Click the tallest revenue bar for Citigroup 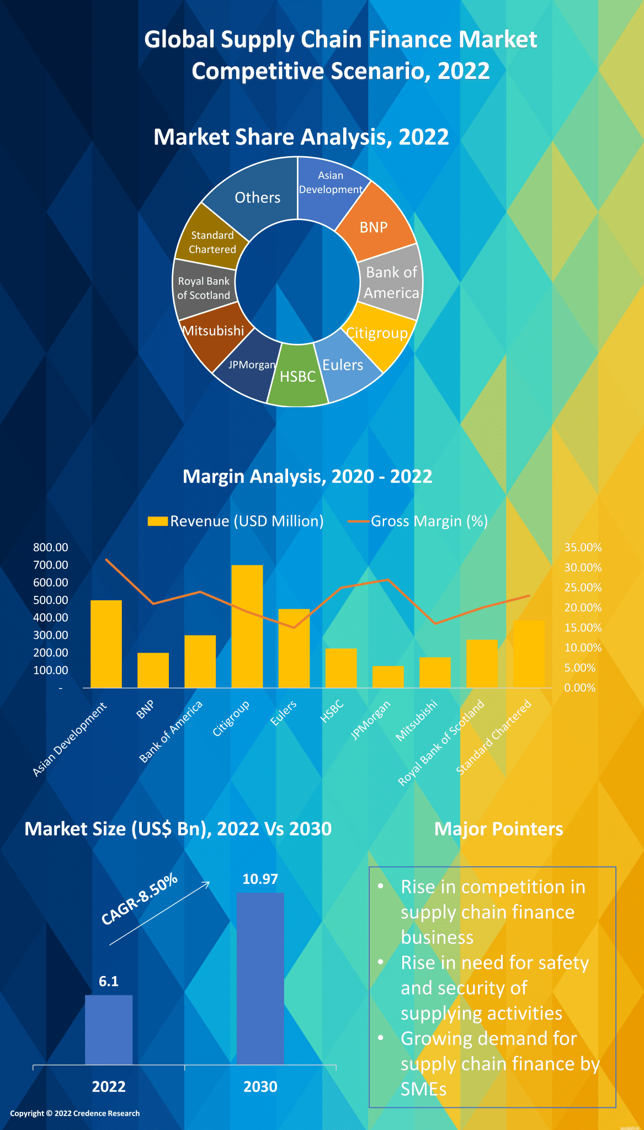[247, 626]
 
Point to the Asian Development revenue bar [106, 643]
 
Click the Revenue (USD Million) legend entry [236, 521]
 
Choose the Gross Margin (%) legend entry [418, 521]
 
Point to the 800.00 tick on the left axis [51, 547]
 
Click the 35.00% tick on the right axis [583, 547]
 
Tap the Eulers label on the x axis [284, 713]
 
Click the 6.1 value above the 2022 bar [109, 981]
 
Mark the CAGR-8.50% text [140, 899]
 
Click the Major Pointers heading [498, 829]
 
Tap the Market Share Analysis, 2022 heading [301, 137]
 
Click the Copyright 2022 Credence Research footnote [75, 1113]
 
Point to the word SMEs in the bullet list [423, 1089]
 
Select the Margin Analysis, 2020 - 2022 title [307, 476]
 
